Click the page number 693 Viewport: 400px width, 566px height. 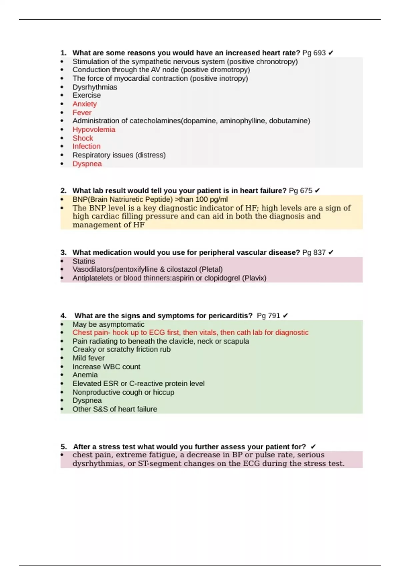[319, 53]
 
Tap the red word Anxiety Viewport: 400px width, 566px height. [85, 104]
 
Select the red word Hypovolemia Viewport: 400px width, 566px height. [94, 130]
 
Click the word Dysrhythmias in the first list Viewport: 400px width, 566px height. [95, 87]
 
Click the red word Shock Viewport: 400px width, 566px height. [83, 138]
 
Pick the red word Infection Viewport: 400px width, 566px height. [86, 146]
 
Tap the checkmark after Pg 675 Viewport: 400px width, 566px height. [317, 191]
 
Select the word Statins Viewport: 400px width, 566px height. [84, 261]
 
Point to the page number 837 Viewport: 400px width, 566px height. [319, 252]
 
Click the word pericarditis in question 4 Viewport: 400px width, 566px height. [229, 316]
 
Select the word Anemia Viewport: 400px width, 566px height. [85, 375]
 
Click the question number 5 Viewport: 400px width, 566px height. [63, 447]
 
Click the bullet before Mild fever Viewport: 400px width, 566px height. [62, 358]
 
